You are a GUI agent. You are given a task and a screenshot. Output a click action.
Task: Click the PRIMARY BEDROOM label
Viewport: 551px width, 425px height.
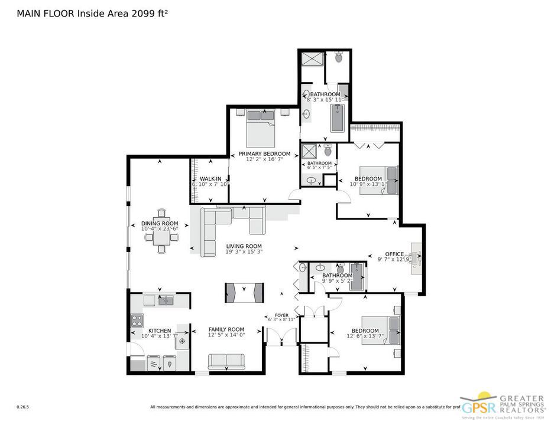click(x=264, y=154)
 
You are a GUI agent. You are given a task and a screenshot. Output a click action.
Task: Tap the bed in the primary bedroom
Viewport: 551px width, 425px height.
click(x=260, y=130)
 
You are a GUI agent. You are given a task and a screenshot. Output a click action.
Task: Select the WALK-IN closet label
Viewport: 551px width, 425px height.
click(x=210, y=178)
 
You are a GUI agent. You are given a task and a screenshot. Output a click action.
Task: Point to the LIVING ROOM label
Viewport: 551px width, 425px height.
click(x=244, y=246)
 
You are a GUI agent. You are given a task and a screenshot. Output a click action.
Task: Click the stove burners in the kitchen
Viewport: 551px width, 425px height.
click(x=137, y=321)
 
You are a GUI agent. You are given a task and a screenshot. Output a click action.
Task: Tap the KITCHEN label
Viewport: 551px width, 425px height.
click(x=160, y=331)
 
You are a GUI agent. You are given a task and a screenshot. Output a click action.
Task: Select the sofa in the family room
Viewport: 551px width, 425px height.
click(x=226, y=361)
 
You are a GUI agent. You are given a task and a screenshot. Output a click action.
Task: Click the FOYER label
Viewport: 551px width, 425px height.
click(x=281, y=315)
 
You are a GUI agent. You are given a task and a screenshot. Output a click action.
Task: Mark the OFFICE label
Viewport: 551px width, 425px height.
click(x=394, y=254)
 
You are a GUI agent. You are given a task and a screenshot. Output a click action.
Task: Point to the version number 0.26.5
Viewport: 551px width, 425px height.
click(x=23, y=407)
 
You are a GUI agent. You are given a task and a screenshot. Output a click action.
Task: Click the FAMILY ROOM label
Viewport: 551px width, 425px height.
click(x=226, y=329)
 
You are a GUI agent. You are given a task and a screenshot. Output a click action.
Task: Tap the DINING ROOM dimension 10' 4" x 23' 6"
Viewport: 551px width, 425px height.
click(x=160, y=229)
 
